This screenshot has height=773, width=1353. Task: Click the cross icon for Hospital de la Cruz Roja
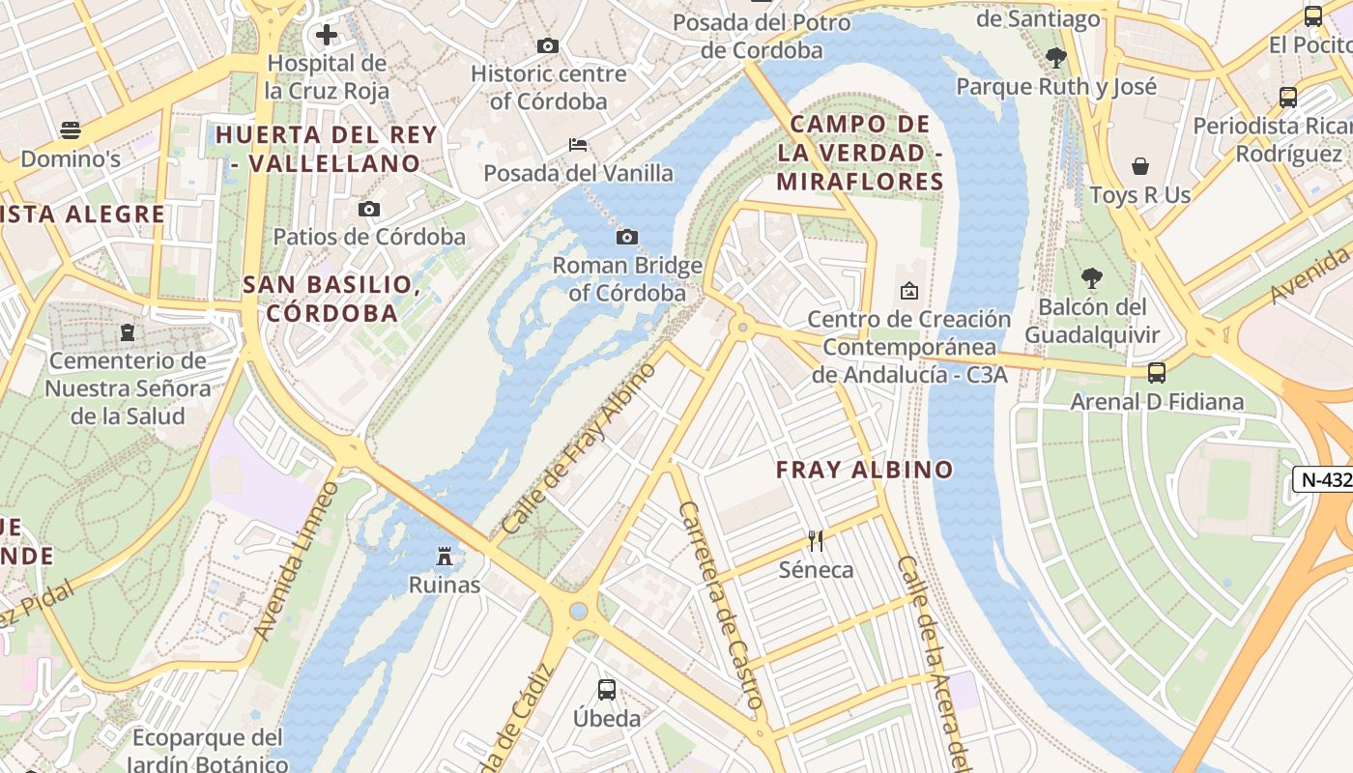[x=327, y=36]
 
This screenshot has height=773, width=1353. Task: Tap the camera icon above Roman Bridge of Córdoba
[x=626, y=237]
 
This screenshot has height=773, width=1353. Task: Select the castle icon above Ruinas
[x=445, y=557]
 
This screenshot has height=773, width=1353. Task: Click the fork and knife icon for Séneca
[x=817, y=540]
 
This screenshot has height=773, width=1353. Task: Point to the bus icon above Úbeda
[x=607, y=690]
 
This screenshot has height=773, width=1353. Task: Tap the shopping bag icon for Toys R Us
[x=1140, y=166]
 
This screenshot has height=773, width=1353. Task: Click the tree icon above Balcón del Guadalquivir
[x=1092, y=279]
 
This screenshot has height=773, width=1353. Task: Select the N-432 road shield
[x=1322, y=478]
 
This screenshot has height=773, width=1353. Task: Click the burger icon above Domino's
[x=71, y=130]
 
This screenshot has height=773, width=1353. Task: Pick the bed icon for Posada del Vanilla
[x=578, y=145]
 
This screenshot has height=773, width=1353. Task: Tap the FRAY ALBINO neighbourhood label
[x=865, y=471]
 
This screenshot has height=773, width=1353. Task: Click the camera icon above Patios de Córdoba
[x=368, y=209]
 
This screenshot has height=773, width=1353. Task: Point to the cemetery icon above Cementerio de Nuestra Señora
[x=127, y=332]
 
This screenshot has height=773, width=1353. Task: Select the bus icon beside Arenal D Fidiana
[x=1156, y=373]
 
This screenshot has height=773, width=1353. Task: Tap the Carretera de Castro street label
[x=722, y=604]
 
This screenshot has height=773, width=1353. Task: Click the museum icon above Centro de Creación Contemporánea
[x=908, y=291]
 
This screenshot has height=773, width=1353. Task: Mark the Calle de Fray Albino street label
[x=580, y=448]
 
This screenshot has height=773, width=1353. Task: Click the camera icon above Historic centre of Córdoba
[x=548, y=45]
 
